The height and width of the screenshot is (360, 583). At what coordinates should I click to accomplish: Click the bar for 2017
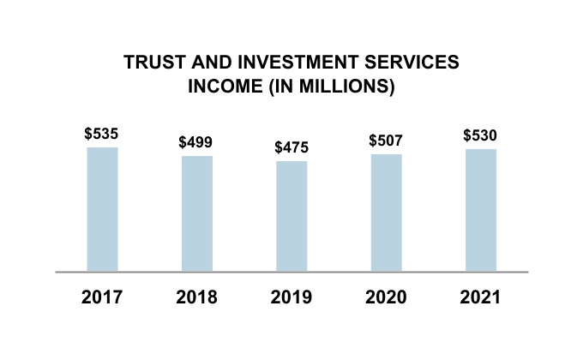click(x=102, y=209)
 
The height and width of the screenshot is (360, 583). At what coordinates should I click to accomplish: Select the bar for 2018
click(x=197, y=213)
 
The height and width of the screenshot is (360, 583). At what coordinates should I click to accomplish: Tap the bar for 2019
click(x=291, y=216)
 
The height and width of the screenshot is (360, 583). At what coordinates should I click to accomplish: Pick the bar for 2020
click(x=387, y=213)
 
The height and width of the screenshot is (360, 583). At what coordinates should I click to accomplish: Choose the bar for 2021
click(x=481, y=210)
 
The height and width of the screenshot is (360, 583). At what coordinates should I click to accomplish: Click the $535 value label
click(x=102, y=134)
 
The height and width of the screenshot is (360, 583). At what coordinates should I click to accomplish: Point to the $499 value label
click(x=196, y=142)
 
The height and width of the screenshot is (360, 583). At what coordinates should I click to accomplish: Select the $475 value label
click(x=291, y=147)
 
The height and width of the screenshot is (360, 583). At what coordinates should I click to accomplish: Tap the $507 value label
click(x=386, y=141)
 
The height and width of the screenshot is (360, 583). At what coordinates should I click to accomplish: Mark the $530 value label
click(x=481, y=135)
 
